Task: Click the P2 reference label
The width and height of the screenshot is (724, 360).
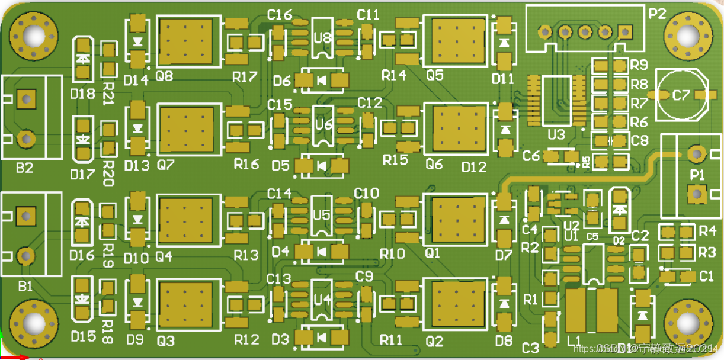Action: pos(657,14)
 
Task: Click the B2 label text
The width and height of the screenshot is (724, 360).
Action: pos(24,168)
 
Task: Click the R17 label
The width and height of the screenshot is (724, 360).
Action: pos(245,76)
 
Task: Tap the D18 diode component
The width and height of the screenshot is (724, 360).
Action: pos(82,60)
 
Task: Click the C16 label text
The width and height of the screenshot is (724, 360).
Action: pos(280,15)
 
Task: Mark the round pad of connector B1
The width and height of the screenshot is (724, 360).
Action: pos(25,256)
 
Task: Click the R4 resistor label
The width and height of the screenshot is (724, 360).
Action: pos(707,230)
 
